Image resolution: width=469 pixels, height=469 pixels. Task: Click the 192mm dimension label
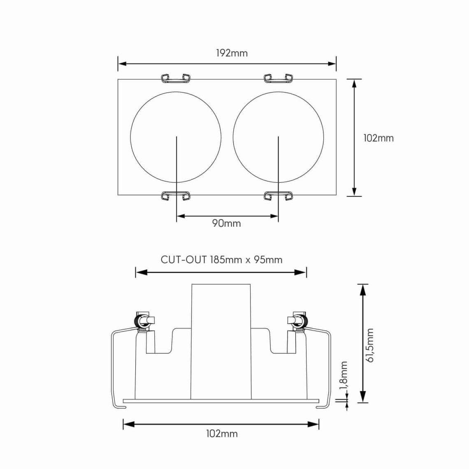(x=232, y=53)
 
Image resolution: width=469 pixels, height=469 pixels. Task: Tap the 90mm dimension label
(x=226, y=223)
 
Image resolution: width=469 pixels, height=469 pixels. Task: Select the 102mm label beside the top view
(x=378, y=138)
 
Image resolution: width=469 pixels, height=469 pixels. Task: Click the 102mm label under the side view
(x=222, y=434)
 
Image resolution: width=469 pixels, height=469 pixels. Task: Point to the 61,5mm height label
(x=370, y=346)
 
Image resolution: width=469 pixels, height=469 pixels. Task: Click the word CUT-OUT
(x=183, y=260)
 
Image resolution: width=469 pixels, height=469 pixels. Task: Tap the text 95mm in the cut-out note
(x=268, y=260)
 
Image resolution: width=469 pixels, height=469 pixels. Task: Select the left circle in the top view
(x=130, y=137)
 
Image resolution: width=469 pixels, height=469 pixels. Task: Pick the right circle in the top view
(x=233, y=137)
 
